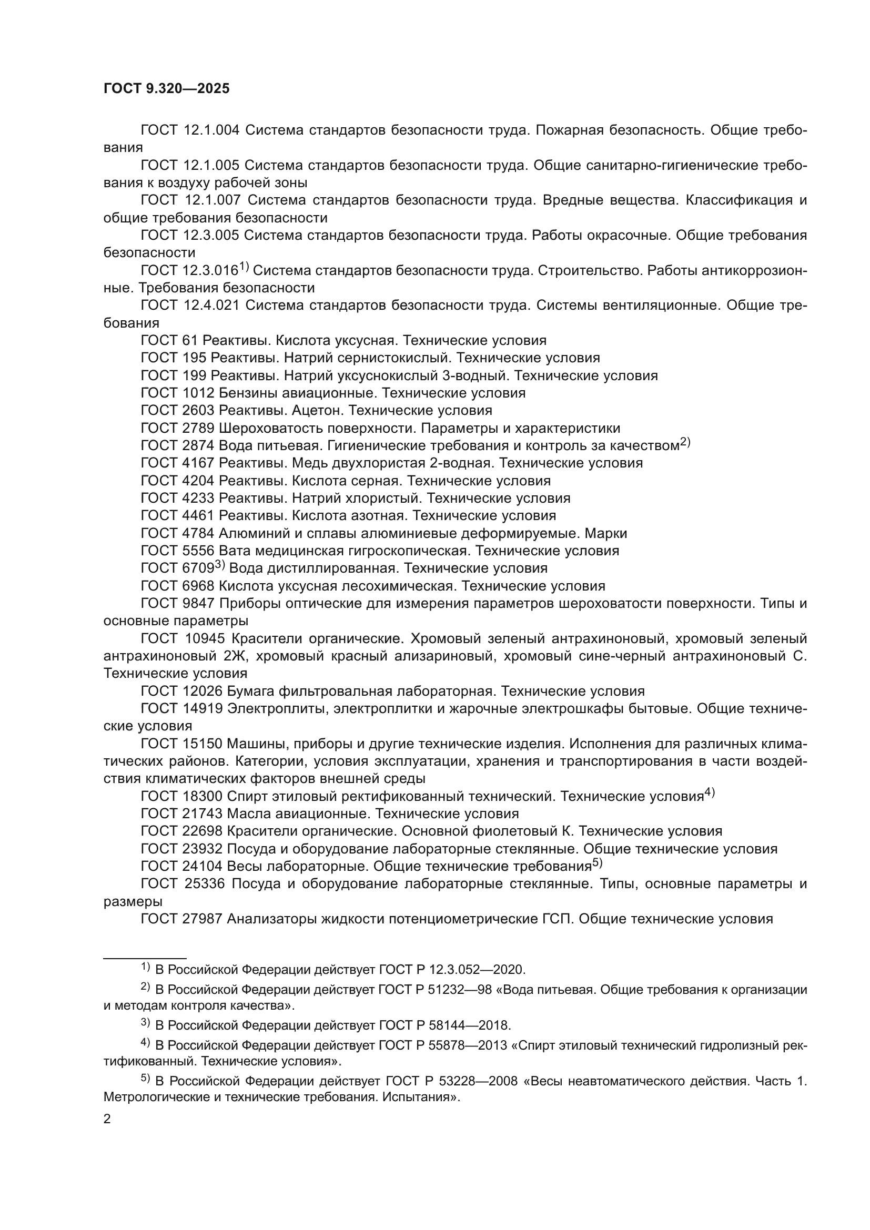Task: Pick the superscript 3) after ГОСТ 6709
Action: coord(220,565)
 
